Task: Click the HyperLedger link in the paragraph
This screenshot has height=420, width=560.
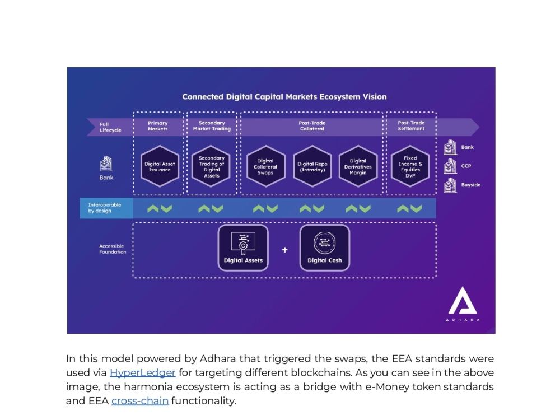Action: coord(142,372)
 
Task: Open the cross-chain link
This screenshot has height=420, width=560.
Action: coord(140,401)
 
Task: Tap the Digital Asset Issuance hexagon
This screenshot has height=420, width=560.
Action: coord(160,166)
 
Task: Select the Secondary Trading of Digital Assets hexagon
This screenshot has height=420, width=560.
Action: coord(212,166)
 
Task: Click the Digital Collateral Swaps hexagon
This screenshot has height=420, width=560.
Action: coord(265,166)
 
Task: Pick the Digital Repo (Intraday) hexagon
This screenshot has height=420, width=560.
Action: coord(312,166)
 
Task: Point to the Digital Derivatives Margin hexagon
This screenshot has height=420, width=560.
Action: coord(358,166)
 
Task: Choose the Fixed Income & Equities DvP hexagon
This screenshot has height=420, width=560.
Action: coord(410,166)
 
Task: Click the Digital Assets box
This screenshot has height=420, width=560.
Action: coord(243,248)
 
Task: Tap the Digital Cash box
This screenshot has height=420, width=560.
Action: coord(325,248)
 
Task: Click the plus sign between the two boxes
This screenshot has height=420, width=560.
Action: coord(284,250)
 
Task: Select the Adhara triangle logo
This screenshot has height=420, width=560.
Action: coord(463,300)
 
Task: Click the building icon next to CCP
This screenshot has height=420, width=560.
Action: coord(450,166)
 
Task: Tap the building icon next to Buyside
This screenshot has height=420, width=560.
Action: coord(450,185)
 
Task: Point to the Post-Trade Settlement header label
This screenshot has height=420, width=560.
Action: coord(411,125)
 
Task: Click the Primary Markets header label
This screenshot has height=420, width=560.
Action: coord(157,125)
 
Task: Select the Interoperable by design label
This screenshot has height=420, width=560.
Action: coord(105,208)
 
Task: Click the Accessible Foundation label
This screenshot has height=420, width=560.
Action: coord(113,249)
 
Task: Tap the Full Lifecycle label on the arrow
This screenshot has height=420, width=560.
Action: coord(110,127)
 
